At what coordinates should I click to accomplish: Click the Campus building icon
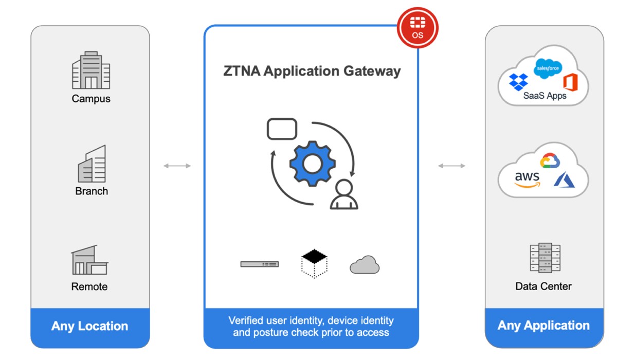tap(91, 71)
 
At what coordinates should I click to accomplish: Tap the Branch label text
tap(92, 191)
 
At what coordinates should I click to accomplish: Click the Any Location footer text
tap(89, 326)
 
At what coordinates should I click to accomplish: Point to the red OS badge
tap(418, 28)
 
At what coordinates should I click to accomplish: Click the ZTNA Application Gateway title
tap(312, 71)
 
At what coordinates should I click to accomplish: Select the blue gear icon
tap(312, 164)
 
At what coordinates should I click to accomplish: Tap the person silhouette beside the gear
tap(343, 194)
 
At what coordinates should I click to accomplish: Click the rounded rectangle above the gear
tap(282, 129)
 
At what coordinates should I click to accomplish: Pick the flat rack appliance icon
tap(260, 264)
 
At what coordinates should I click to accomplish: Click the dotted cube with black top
tap(314, 263)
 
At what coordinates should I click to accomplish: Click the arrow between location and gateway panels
tap(177, 166)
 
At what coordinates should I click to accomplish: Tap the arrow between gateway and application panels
tap(451, 166)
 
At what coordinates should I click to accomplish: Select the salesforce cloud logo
tap(548, 68)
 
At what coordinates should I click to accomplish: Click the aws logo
tap(527, 179)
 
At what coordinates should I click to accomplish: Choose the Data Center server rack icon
tap(543, 258)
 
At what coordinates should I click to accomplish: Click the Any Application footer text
tap(543, 326)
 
